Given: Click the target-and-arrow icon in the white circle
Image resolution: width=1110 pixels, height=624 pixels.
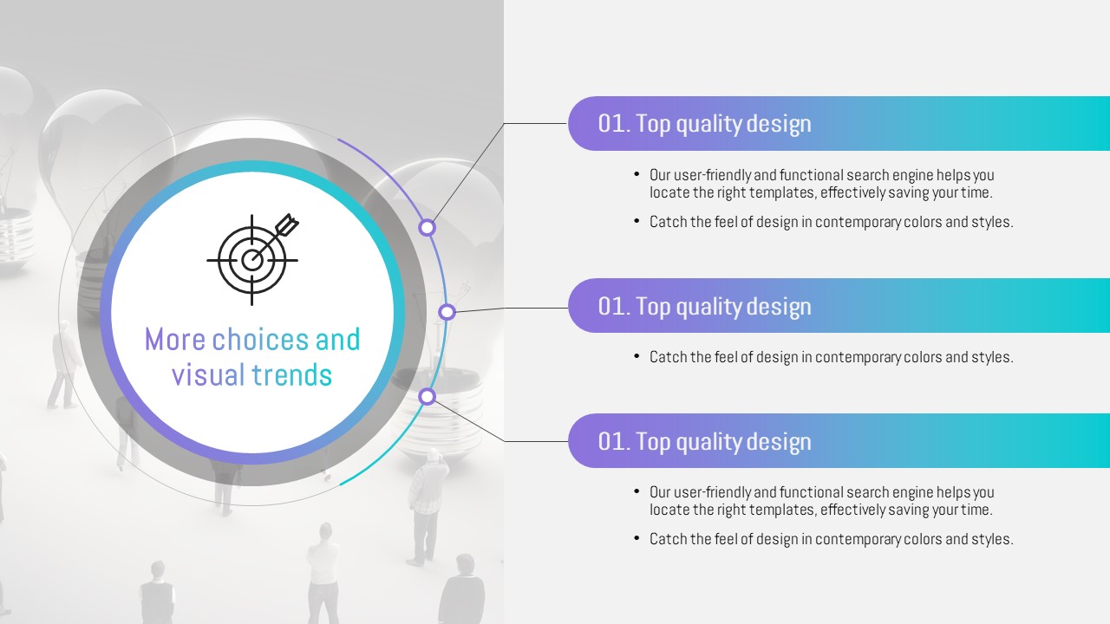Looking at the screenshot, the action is (x=252, y=259).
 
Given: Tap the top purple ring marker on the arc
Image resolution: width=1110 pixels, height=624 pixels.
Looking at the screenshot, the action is (x=428, y=228).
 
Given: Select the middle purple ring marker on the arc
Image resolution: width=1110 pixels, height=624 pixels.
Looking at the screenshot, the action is (x=447, y=312).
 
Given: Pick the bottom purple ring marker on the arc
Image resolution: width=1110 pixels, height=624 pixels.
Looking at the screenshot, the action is (x=428, y=397).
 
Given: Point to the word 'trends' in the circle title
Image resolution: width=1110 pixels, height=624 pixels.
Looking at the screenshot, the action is (x=292, y=375).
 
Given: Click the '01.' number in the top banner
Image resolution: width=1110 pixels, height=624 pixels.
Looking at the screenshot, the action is (x=614, y=124).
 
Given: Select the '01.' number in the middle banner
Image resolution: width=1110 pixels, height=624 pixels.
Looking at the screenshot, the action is (x=614, y=307).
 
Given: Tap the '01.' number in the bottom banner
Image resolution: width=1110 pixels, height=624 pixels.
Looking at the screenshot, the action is (x=614, y=442).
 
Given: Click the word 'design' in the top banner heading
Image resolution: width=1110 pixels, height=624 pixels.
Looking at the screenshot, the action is (x=779, y=124).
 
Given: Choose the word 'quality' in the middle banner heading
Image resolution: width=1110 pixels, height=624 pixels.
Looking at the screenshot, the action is (x=708, y=308).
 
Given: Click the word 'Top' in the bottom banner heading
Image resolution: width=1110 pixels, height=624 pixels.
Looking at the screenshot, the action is (x=653, y=442).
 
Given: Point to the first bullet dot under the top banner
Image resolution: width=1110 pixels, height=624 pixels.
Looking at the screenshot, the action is (x=637, y=174).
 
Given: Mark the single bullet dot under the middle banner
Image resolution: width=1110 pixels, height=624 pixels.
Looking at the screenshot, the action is (x=637, y=355).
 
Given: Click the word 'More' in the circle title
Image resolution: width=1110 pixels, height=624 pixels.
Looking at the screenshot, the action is (x=175, y=340).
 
